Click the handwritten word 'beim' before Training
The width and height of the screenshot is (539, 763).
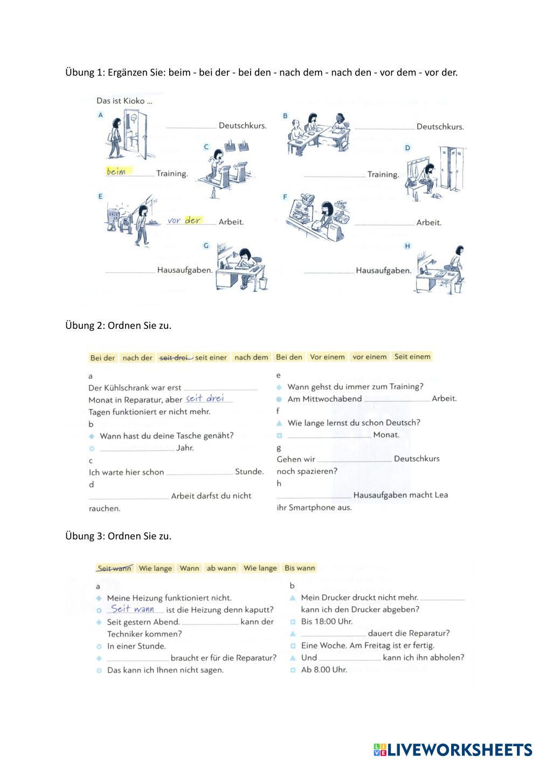116,171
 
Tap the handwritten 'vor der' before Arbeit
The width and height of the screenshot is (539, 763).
184,220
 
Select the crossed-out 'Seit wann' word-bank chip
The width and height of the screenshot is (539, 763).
114,568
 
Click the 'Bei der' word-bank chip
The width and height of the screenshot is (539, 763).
102,358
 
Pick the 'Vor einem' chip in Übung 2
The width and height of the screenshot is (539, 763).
327,357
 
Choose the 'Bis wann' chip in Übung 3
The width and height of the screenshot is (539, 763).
300,568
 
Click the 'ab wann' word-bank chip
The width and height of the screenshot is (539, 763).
221,568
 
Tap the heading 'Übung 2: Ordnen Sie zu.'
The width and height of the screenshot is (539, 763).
118,325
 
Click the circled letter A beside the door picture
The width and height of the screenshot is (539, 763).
100,115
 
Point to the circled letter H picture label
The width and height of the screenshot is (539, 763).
407,246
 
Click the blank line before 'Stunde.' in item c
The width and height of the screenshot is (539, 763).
199,473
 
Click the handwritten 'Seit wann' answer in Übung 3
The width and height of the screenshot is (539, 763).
133,609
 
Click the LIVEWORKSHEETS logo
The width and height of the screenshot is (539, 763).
452,749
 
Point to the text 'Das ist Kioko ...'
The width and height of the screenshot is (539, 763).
124,101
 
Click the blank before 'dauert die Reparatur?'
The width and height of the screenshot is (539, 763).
333,635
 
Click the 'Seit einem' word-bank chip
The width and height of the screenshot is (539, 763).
412,356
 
